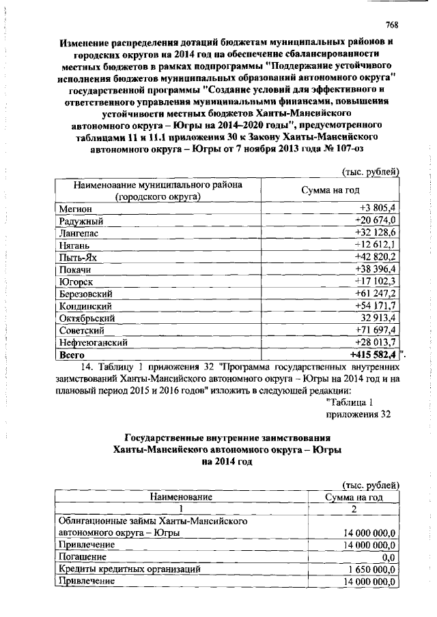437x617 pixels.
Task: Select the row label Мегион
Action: coord(74,208)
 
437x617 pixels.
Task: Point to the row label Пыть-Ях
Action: coord(78,257)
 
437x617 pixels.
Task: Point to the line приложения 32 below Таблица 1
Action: coord(359,415)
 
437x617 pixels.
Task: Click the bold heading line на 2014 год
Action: coord(227,462)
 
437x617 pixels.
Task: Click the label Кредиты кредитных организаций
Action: coord(129,569)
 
